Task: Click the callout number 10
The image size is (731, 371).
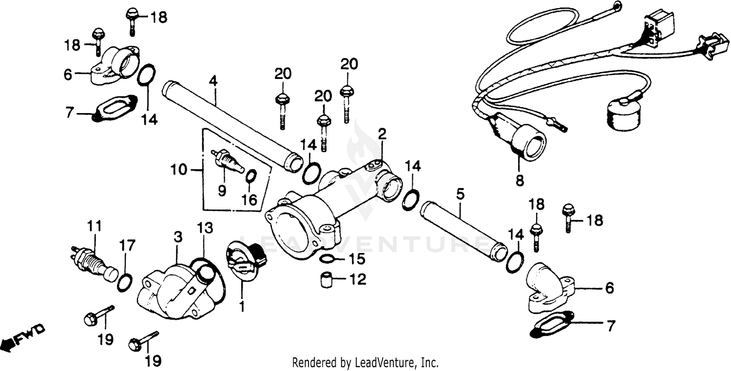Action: (x=179, y=170)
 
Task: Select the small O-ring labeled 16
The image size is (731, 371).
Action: (x=250, y=176)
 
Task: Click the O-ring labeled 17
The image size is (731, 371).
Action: (x=125, y=282)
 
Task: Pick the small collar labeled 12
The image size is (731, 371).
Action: (x=326, y=280)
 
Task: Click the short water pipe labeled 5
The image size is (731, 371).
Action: (x=460, y=227)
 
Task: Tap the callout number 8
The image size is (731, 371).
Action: (x=519, y=181)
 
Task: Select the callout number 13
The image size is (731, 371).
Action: (x=205, y=228)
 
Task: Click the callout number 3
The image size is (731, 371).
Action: (x=177, y=237)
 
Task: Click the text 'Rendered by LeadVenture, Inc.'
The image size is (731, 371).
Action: (x=365, y=363)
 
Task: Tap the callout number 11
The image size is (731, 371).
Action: (x=95, y=227)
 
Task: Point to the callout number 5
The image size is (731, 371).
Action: (x=460, y=195)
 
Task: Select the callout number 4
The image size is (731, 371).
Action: (x=212, y=81)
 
